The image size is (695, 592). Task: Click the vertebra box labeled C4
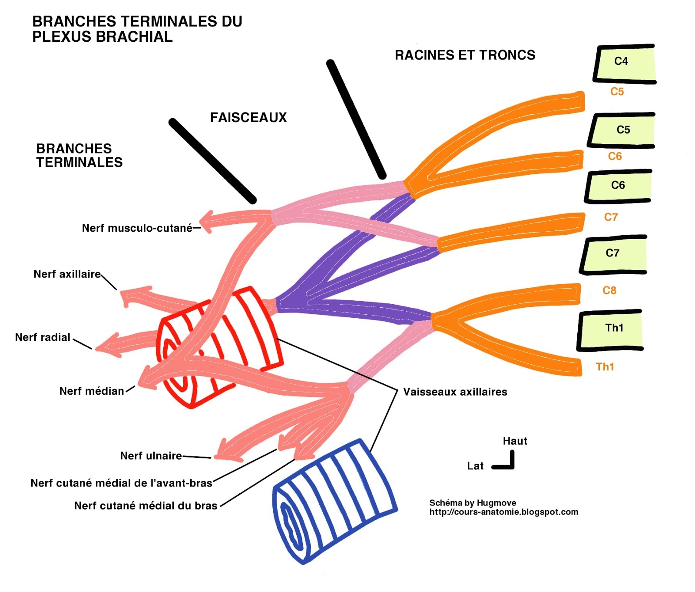point(624,63)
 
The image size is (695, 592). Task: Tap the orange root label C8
point(609,290)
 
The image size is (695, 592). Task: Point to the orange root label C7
point(611,217)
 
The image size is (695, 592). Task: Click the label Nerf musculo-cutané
point(137,228)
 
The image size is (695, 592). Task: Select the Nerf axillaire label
point(67,274)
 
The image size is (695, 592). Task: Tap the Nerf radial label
point(43,337)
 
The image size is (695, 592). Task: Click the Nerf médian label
point(92,391)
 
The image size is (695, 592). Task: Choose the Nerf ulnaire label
point(151,456)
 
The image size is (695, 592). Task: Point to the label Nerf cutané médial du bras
point(146,506)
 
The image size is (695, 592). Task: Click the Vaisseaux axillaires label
point(455,392)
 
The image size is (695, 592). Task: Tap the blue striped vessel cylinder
point(334,500)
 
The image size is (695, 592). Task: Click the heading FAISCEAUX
point(248,118)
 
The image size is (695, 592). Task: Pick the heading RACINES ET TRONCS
point(465,55)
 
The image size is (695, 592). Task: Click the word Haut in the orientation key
point(515,441)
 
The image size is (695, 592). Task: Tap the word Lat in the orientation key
point(475,466)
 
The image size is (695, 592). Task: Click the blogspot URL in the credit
point(503,512)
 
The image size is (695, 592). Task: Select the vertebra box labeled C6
point(618,186)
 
